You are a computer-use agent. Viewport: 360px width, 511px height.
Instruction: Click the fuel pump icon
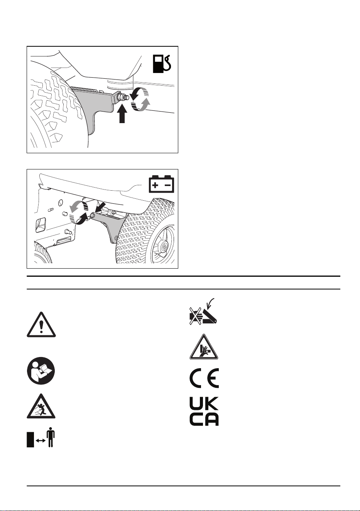click(162, 64)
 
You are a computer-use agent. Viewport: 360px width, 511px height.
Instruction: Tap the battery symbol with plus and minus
click(162, 184)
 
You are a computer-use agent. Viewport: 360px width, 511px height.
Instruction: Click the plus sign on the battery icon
click(155, 185)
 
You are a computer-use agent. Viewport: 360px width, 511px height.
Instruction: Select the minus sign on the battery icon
click(168, 185)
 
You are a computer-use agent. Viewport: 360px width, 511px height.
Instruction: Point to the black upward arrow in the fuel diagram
click(123, 113)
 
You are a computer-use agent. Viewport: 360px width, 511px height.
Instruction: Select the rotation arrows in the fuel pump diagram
click(140, 100)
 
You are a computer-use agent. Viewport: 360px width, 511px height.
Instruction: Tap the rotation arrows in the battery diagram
click(78, 212)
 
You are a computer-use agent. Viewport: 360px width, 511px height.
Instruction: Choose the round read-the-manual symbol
click(41, 371)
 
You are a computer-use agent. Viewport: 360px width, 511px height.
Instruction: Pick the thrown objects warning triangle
click(41, 406)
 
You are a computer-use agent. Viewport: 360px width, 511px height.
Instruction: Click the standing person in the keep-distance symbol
click(51, 438)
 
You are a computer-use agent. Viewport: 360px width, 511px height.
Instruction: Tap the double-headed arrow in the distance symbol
click(41, 441)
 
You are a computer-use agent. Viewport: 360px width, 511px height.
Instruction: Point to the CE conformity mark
click(204, 378)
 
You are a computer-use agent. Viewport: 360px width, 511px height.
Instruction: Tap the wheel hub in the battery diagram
click(164, 247)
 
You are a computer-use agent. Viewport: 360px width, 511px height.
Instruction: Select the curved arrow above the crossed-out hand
click(210, 303)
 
